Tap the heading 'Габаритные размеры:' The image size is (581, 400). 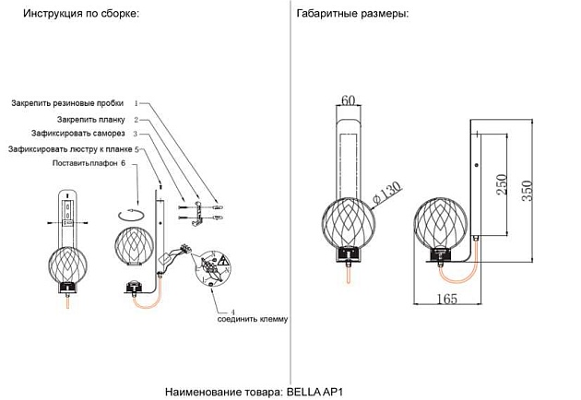point(352,15)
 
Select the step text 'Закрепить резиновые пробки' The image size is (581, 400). point(70,104)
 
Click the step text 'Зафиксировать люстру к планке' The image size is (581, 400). point(70,148)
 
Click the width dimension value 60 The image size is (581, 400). point(349,100)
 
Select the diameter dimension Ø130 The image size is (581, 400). point(389,194)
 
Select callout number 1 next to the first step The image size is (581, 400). point(136,104)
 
